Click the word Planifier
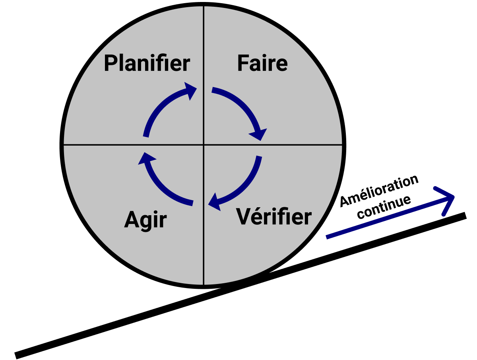pos(147,64)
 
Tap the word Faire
pos(262,64)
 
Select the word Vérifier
pos(274,217)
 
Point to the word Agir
pos(145,220)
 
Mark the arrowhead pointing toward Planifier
pos(190,90)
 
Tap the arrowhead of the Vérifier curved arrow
pos(215,201)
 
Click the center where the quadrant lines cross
pos(204,145)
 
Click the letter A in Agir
pos(132,219)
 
